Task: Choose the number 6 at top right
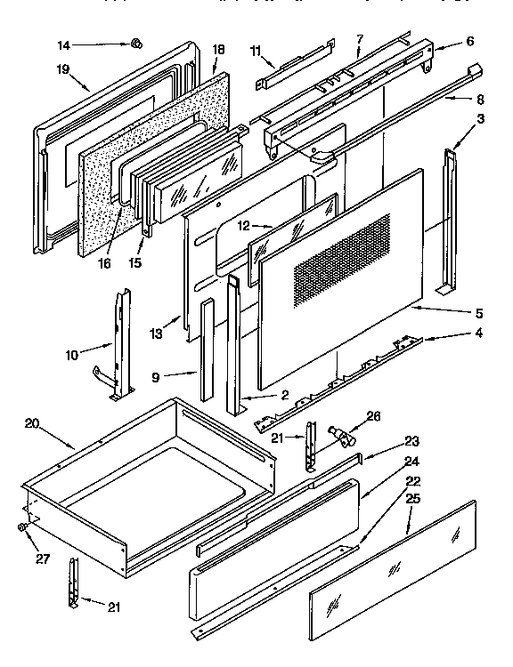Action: (469, 41)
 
